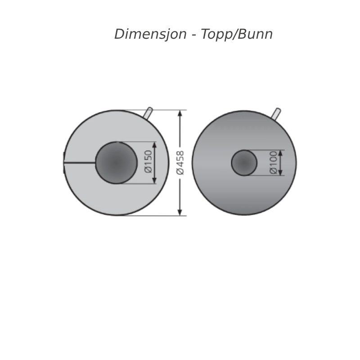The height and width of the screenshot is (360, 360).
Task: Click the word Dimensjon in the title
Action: (150, 35)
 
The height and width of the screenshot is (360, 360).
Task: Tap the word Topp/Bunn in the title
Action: (237, 35)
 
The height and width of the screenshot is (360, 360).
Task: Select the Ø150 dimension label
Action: (148, 162)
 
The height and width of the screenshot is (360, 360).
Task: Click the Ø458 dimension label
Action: (180, 162)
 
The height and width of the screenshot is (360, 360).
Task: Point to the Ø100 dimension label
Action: (274, 162)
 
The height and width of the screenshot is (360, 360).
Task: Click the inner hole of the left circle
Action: (116, 163)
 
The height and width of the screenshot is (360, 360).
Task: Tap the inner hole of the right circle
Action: (244, 163)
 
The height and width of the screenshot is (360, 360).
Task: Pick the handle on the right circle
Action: (276, 114)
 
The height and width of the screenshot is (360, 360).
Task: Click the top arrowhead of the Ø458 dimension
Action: (180, 113)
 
